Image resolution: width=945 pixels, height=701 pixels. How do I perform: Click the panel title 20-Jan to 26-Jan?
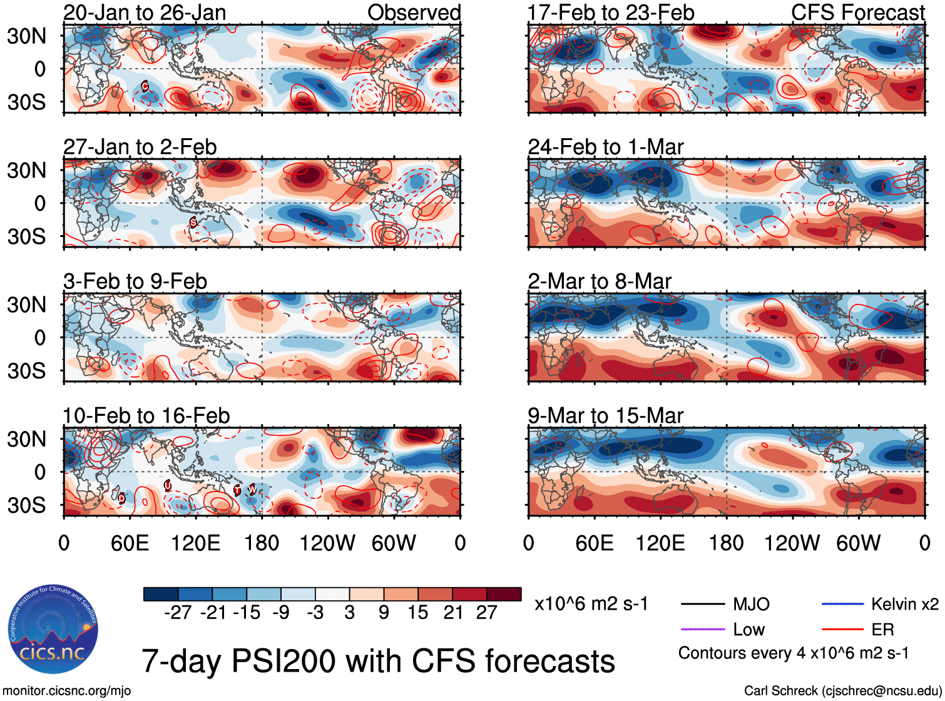(145, 13)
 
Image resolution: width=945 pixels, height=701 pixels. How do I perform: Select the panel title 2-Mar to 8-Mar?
(599, 281)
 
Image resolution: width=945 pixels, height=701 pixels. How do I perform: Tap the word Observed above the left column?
(414, 13)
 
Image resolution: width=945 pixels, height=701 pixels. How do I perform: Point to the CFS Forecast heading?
(857, 13)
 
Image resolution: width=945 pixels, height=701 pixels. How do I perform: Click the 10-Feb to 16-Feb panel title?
(146, 416)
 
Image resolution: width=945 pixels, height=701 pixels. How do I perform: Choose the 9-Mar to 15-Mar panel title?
(605, 416)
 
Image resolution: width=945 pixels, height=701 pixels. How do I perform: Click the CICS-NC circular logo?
(53, 629)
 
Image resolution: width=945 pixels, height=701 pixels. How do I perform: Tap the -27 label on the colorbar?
(178, 613)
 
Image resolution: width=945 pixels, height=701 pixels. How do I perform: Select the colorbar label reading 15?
(418, 613)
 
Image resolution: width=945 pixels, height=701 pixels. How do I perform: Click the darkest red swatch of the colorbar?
(504, 594)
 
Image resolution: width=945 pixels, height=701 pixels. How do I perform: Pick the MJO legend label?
(751, 604)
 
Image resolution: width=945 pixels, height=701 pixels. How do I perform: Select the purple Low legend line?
(702, 629)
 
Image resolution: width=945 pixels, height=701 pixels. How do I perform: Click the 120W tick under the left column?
(327, 543)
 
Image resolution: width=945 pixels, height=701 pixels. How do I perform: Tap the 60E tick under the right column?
(594, 543)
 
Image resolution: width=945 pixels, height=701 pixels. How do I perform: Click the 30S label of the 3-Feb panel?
(26, 371)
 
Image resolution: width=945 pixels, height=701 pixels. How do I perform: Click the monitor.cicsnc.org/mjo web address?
(67, 691)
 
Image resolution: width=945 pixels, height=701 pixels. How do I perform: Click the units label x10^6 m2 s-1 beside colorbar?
(591, 604)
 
